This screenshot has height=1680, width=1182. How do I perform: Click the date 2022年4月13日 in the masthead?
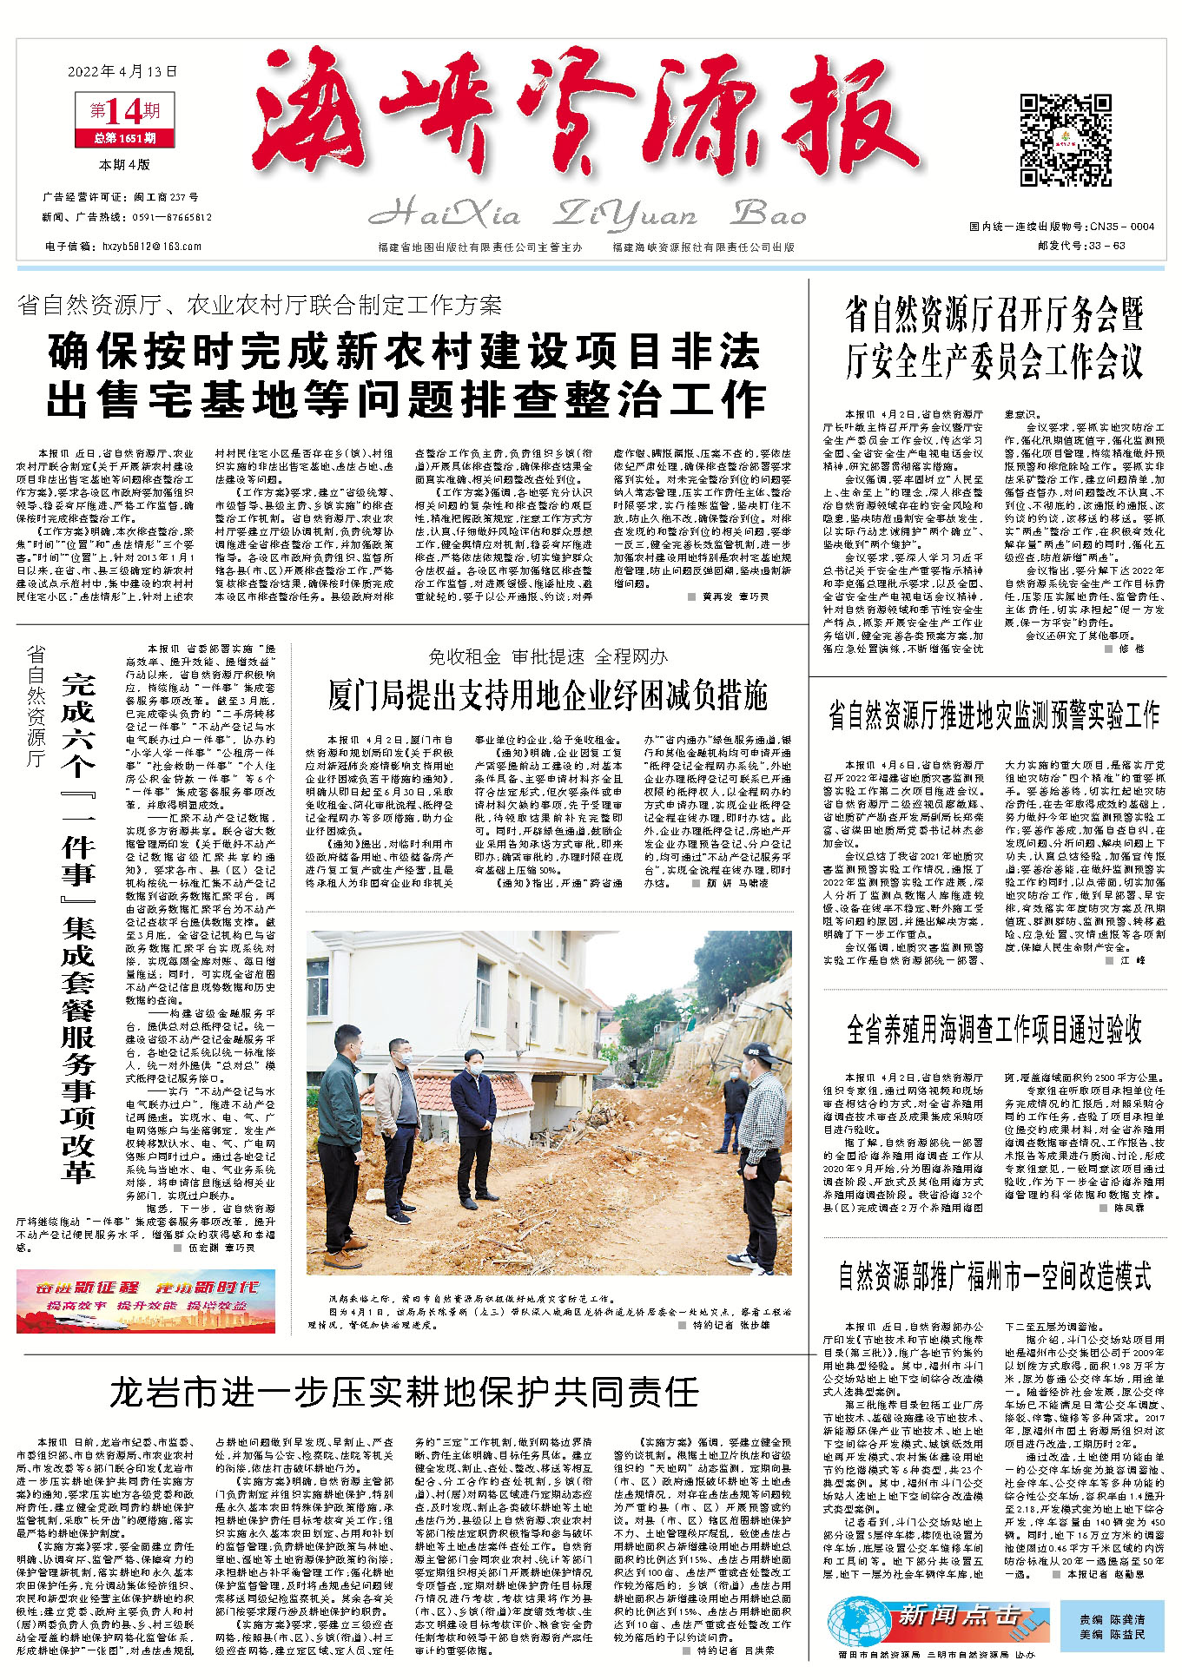(x=122, y=71)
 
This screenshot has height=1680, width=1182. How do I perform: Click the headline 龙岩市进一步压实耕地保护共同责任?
(x=403, y=1392)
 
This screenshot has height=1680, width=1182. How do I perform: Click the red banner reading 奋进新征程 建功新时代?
(x=145, y=1300)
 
